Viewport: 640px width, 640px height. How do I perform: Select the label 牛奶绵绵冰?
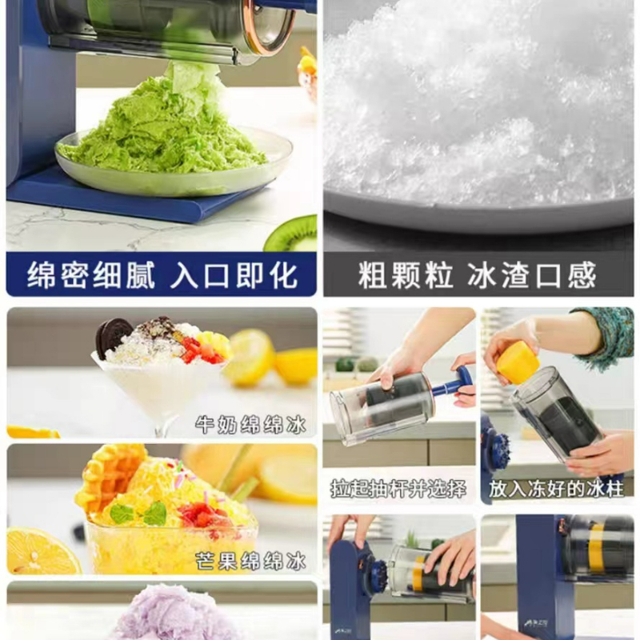click(x=251, y=424)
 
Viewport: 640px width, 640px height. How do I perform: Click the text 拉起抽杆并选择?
click(x=398, y=488)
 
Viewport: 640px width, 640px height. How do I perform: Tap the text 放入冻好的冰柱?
click(x=556, y=488)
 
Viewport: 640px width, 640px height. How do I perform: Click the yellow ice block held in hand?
click(x=518, y=362)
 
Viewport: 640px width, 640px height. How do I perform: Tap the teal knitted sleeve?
click(x=608, y=336)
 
